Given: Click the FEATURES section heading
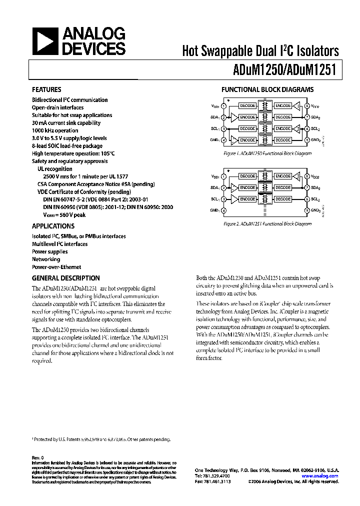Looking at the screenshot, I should pyautogui.click(x=47, y=90).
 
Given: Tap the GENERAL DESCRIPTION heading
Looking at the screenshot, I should pyautogui.click(x=65, y=278).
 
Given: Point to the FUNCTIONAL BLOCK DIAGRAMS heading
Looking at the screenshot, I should pyautogui.click(x=267, y=90).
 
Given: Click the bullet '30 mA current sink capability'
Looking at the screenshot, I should pyautogui.click(x=66, y=123).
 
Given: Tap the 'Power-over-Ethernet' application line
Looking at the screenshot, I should pyautogui.click(x=56, y=267).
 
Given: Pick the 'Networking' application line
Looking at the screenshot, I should pyautogui.click(x=46, y=259).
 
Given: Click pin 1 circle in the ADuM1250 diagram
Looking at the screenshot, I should pyautogui.click(x=224, y=106).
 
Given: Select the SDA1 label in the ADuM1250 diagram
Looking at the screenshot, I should pyautogui.click(x=215, y=117).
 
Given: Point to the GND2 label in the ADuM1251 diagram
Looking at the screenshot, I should pyautogui.click(x=315, y=210).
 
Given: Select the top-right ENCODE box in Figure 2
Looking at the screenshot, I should pyautogui.click(x=283, y=176).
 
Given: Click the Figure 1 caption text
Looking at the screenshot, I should pyautogui.click(x=267, y=153).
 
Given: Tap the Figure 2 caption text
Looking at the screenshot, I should pyautogui.click(x=267, y=224).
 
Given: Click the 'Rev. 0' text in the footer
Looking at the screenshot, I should pyautogui.click(x=38, y=457).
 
